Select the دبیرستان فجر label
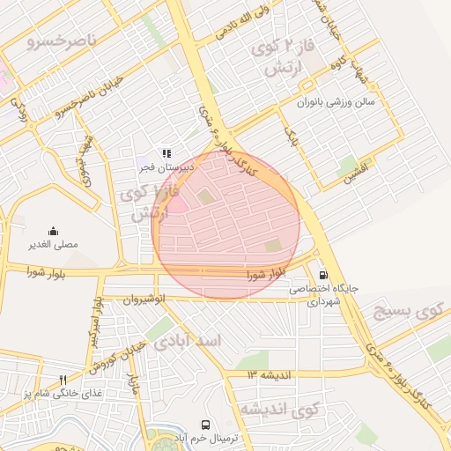[x=159, y=165]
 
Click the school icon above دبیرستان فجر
[x=166, y=152]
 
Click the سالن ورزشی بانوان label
[x=335, y=102]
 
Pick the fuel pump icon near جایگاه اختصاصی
[x=322, y=274]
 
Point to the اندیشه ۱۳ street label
[x=274, y=375]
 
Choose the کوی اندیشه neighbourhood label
[x=278, y=410]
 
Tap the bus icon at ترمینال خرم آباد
[x=206, y=425]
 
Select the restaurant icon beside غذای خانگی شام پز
[x=63, y=380]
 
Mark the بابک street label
[x=292, y=136]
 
